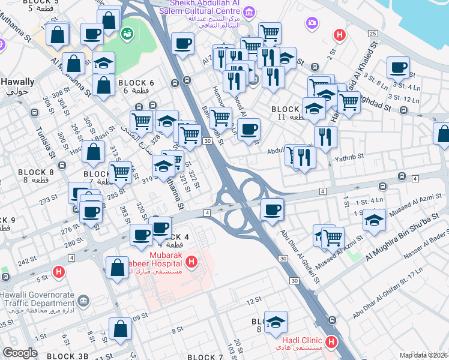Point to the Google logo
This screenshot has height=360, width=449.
(x=20, y=353)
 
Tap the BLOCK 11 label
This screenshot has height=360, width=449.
(x=285, y=110)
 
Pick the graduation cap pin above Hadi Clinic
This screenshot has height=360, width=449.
(x=276, y=322)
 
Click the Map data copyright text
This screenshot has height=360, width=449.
(x=424, y=355)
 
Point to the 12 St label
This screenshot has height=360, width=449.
(x=254, y=299)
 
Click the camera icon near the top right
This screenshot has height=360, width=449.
(x=312, y=23)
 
